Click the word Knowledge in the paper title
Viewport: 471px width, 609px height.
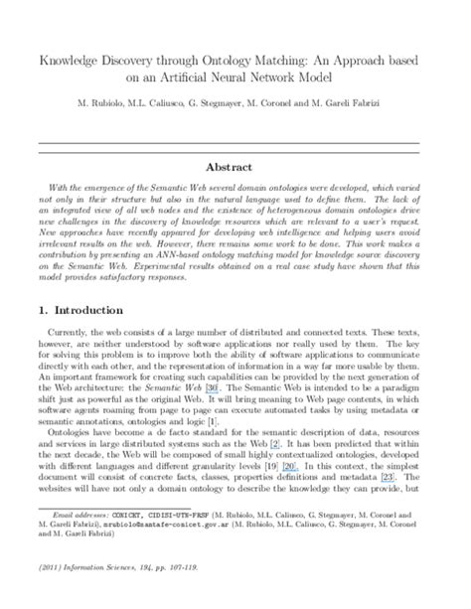click(68, 62)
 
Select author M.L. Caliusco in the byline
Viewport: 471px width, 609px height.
click(162, 104)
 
